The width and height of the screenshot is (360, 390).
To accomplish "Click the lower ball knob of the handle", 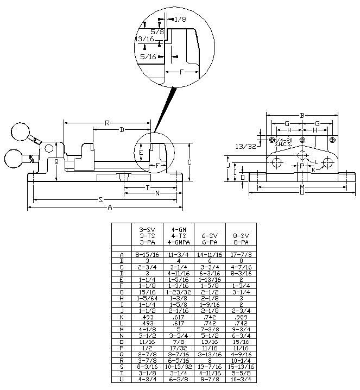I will point(13,159).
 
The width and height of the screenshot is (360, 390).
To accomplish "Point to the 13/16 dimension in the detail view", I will point(143,39).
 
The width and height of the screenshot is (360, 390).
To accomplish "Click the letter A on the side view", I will point(109,208).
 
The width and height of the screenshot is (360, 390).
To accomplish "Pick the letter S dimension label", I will point(100,200).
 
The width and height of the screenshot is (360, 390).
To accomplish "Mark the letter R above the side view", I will point(107,123).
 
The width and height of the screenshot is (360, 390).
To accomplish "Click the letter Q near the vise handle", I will point(56,161).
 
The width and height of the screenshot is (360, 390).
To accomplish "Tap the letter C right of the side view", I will point(190,162).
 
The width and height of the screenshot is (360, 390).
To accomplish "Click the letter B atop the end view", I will point(302,115).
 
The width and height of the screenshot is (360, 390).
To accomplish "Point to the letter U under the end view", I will point(302,193).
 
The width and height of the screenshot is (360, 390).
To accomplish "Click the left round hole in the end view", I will point(277,163).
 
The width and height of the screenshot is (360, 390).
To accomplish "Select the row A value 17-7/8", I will point(241,254).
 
